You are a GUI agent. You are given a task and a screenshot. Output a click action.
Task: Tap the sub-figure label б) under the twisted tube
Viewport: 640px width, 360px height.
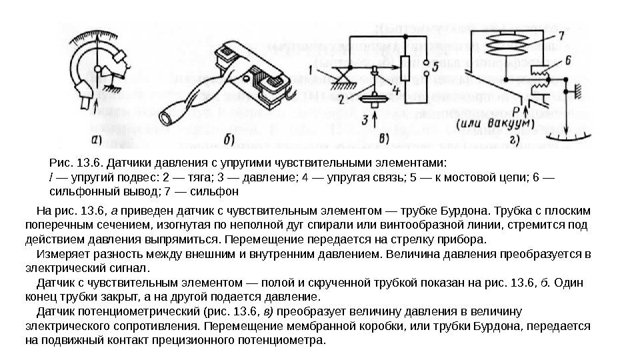point(230,140)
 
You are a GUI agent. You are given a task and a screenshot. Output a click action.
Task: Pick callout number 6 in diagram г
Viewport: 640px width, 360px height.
point(567,61)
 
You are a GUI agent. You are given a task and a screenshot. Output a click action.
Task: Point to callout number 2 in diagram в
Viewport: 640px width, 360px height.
point(341,101)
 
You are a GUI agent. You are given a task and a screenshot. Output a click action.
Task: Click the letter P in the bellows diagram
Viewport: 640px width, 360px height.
point(515,109)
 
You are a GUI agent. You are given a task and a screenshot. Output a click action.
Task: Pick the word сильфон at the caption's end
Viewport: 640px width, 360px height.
point(218,192)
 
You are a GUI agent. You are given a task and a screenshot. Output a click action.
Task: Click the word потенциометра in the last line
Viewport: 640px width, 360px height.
point(287,340)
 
